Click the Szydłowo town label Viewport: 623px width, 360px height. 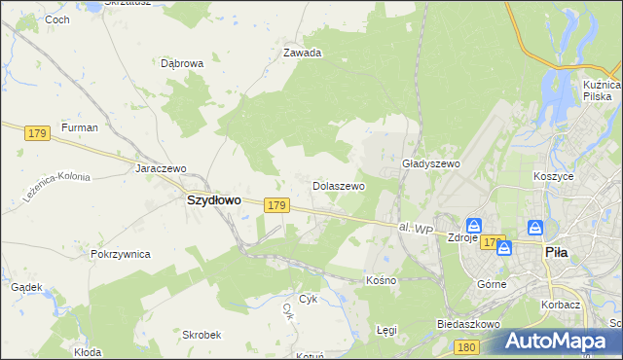pos(213,199)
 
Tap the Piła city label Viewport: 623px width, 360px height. pos(555,251)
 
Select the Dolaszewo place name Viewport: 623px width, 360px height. pos(338,185)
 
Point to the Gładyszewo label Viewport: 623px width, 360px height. pos(430,164)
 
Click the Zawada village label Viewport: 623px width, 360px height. pos(302,54)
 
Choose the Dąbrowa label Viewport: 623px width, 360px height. pos(182,63)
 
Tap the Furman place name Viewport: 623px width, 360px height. pos(79,127)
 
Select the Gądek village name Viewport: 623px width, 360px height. pos(26,287)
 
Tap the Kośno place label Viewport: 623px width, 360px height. pos(381,280)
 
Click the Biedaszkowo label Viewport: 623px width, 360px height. pos(468,323)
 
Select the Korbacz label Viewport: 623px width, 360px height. pos(562,305)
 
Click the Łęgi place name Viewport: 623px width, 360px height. pos(386,330)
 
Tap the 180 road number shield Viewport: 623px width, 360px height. pos(467,347)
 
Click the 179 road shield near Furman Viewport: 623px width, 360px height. pos(38,132)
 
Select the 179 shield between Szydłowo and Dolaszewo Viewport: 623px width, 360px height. pos(276,205)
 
